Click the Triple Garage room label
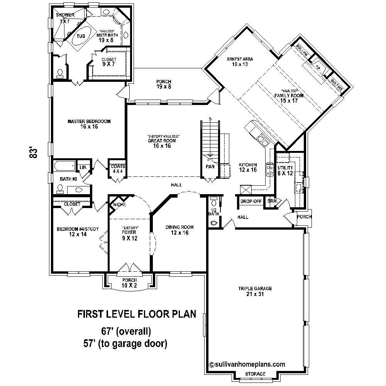pos(255,291)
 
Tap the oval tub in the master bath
pos(81,36)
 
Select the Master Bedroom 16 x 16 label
pos(89,124)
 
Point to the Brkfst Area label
pos(240,62)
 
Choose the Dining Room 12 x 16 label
pos(179,230)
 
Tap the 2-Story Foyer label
pos(130,233)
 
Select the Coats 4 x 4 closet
pos(117,169)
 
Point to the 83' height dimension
pos(34,152)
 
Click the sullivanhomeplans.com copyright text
pos(247,364)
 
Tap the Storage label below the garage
pos(255,374)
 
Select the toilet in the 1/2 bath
pos(214,223)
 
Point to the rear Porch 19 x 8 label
pos(164,84)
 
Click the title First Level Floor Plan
pos(137,314)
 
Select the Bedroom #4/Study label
pos(78,232)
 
